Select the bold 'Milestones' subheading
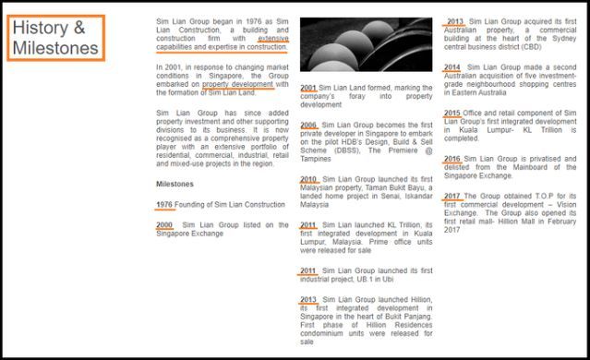(x=175, y=184)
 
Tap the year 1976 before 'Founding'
(x=164, y=205)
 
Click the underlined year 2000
(x=164, y=225)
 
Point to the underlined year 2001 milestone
(x=308, y=88)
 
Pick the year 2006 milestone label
(x=308, y=125)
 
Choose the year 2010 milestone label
(x=308, y=179)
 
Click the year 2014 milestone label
(x=452, y=67)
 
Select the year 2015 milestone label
(x=452, y=113)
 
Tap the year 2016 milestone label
(x=452, y=159)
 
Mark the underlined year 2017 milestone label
(x=452, y=196)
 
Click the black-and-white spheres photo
(x=367, y=44)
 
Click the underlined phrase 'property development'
(x=237, y=84)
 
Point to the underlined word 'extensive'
(x=273, y=39)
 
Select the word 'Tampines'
(x=316, y=159)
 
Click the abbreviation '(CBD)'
(x=530, y=47)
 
